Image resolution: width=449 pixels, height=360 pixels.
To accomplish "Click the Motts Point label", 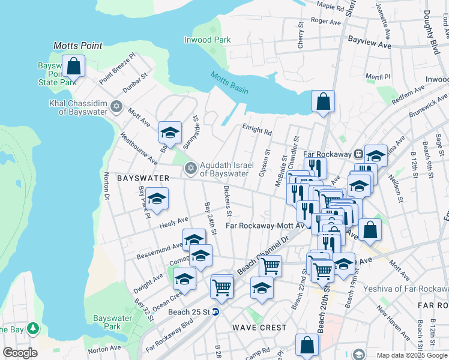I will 78,46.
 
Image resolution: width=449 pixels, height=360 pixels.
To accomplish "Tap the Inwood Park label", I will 207,40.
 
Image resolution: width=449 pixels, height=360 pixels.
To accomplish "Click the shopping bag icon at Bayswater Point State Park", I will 73,67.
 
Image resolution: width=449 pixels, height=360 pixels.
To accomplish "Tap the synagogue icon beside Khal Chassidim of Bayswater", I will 116,107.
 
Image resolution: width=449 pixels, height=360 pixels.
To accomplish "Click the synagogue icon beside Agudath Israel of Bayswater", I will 191,168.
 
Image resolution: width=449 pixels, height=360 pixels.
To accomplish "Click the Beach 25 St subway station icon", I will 215,311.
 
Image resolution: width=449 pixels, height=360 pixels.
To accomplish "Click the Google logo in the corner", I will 20,353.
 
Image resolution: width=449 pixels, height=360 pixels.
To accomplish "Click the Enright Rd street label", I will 257,128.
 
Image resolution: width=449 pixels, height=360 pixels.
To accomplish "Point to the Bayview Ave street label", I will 369,45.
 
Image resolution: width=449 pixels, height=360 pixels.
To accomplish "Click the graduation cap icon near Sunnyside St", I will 170,133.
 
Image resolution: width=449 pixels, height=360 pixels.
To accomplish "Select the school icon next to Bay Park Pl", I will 157,199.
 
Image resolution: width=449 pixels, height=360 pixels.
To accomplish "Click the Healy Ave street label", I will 174,223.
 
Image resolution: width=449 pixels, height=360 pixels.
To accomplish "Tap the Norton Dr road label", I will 107,185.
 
